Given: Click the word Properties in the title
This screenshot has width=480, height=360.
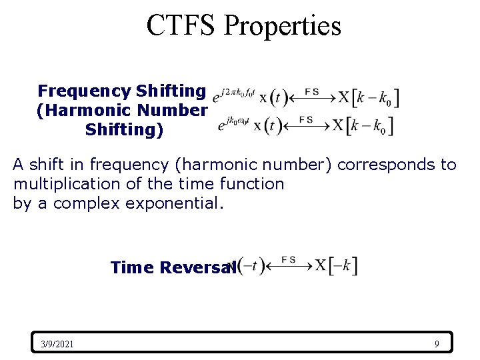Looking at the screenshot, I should click(x=282, y=25).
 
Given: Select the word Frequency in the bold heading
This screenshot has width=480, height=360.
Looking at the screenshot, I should click(x=85, y=90).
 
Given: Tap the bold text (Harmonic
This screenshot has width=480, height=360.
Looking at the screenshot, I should click(x=76, y=110).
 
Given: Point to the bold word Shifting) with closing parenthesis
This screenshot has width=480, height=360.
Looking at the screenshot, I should click(x=124, y=129).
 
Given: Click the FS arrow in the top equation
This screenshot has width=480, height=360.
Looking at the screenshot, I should click(x=311, y=97).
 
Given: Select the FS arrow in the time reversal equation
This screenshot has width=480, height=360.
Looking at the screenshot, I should click(x=289, y=265).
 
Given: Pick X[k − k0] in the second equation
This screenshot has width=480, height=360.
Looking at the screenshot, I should click(x=363, y=125).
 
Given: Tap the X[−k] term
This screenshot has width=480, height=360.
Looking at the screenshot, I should click(x=337, y=265).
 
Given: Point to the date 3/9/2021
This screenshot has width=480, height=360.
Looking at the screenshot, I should click(x=57, y=344).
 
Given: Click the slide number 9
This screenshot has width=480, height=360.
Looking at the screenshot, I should click(x=437, y=344).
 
